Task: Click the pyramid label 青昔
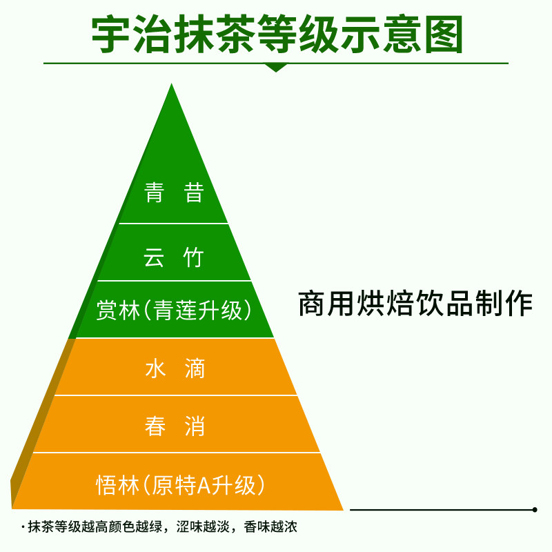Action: point(174,193)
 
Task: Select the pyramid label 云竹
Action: point(174,257)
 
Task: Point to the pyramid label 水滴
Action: point(175,368)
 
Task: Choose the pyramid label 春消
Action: point(175,426)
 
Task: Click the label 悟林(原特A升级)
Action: point(180,485)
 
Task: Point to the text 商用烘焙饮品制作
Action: point(415,304)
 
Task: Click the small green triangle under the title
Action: point(276,68)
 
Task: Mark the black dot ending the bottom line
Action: point(535,510)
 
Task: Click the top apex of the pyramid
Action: point(172,85)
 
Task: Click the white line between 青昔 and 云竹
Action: point(173,224)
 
